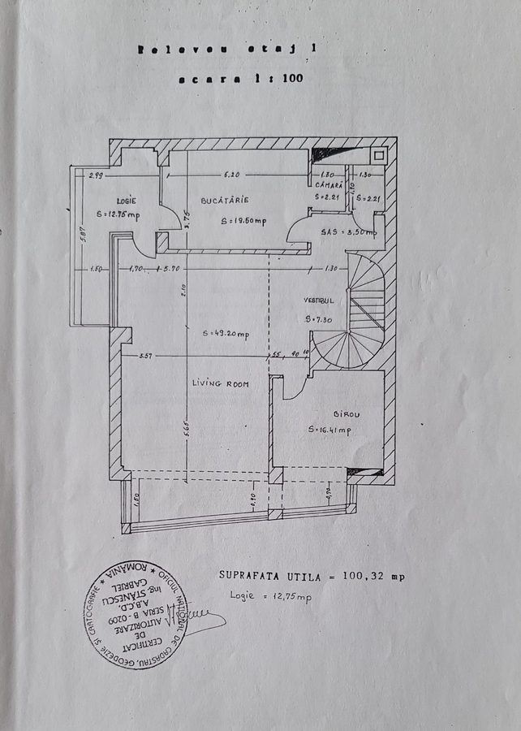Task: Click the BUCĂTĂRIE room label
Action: point(226,200)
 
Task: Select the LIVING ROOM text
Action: point(220,383)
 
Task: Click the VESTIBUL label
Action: point(318,298)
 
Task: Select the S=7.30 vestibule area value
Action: point(319,319)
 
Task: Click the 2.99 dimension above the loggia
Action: point(96,175)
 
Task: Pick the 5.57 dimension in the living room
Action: point(146,356)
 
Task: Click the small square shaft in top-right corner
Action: point(377,153)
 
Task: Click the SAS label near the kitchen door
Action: point(329,232)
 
